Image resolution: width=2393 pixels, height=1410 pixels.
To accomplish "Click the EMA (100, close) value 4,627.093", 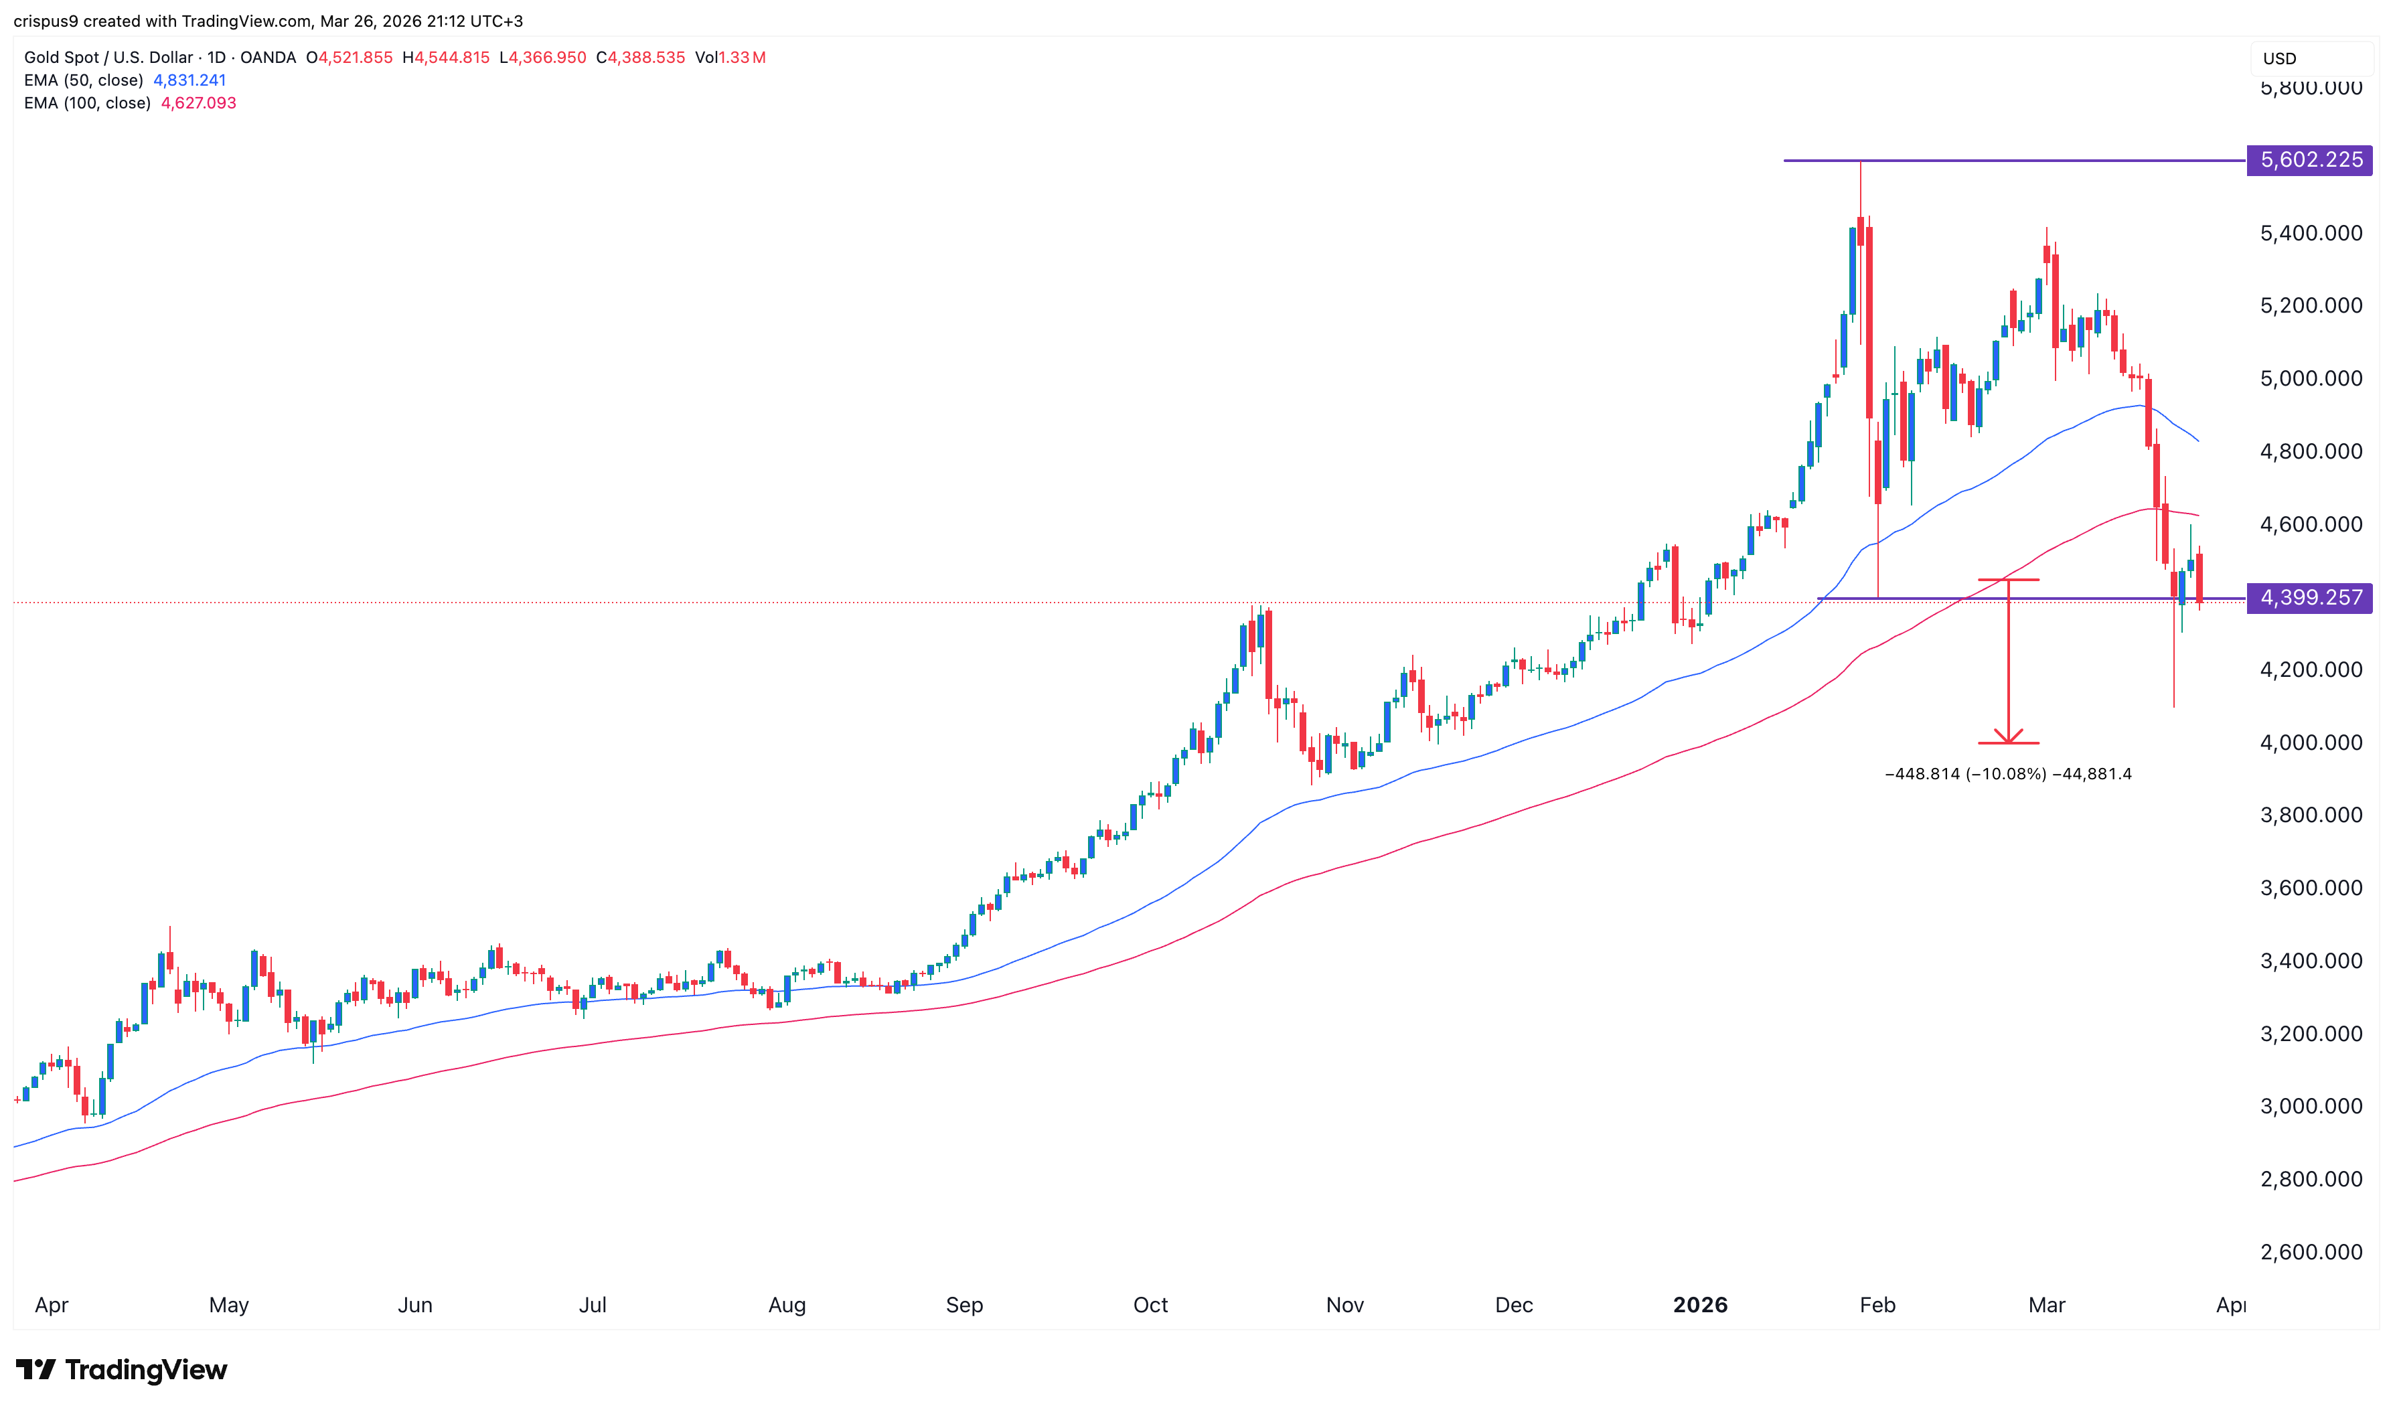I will click(199, 102).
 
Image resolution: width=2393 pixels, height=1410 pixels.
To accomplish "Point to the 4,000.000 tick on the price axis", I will click(2311, 742).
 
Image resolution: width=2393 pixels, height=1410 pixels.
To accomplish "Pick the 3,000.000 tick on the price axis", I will click(2311, 1106).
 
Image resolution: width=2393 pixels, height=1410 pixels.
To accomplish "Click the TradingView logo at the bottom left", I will click(122, 1369).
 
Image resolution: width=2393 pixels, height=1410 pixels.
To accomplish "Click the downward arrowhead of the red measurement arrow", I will click(2007, 738).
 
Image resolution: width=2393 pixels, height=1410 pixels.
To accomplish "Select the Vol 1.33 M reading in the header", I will click(730, 57).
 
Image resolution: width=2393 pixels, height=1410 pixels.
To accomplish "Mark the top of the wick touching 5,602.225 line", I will click(1860, 163).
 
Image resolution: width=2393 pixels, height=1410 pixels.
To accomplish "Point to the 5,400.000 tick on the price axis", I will click(2311, 233).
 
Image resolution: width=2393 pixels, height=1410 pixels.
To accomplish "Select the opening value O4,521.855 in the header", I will click(349, 57).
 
